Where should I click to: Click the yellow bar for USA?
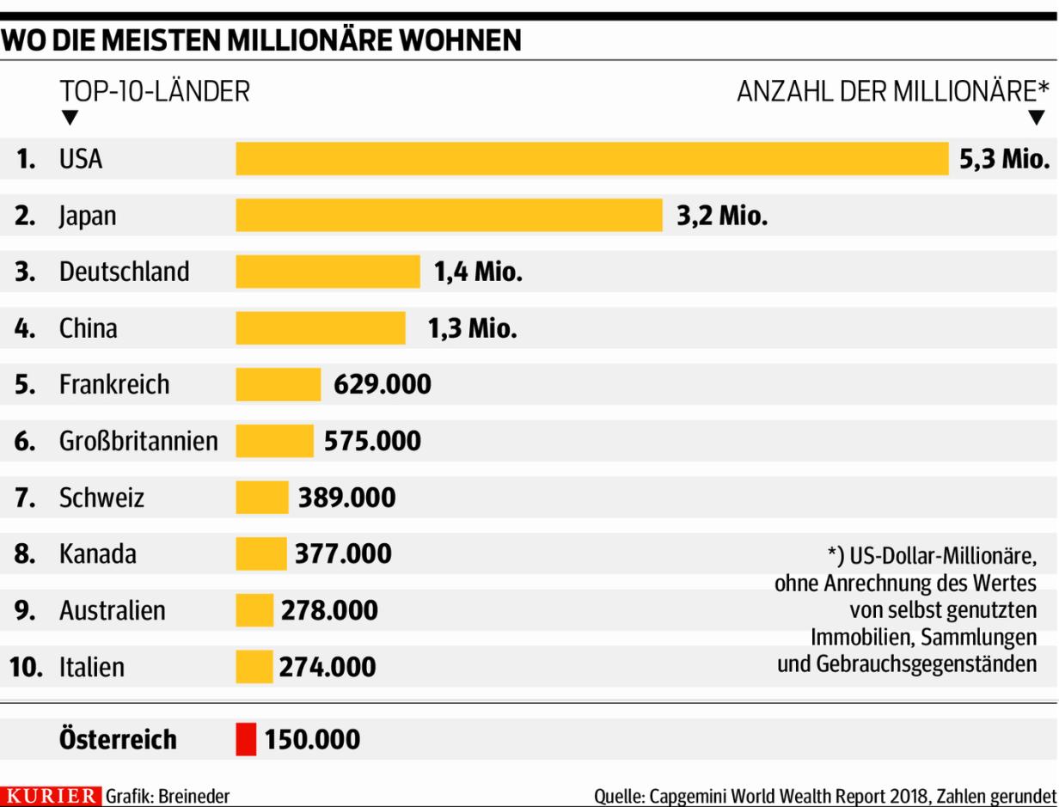(x=591, y=159)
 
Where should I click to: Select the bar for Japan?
(x=449, y=215)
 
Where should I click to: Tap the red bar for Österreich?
(x=246, y=739)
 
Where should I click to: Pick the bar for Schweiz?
(x=262, y=498)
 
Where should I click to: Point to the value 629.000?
(x=382, y=384)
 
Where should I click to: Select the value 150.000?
(x=312, y=739)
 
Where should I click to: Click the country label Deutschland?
(x=124, y=272)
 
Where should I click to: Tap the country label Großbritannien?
(x=138, y=441)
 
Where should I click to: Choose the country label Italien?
(x=91, y=667)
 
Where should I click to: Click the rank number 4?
(x=24, y=328)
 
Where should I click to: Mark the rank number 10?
(x=26, y=667)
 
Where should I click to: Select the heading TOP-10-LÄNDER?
(x=155, y=91)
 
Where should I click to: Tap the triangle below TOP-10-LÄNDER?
(x=70, y=118)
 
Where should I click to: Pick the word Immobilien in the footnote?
(x=851, y=638)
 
